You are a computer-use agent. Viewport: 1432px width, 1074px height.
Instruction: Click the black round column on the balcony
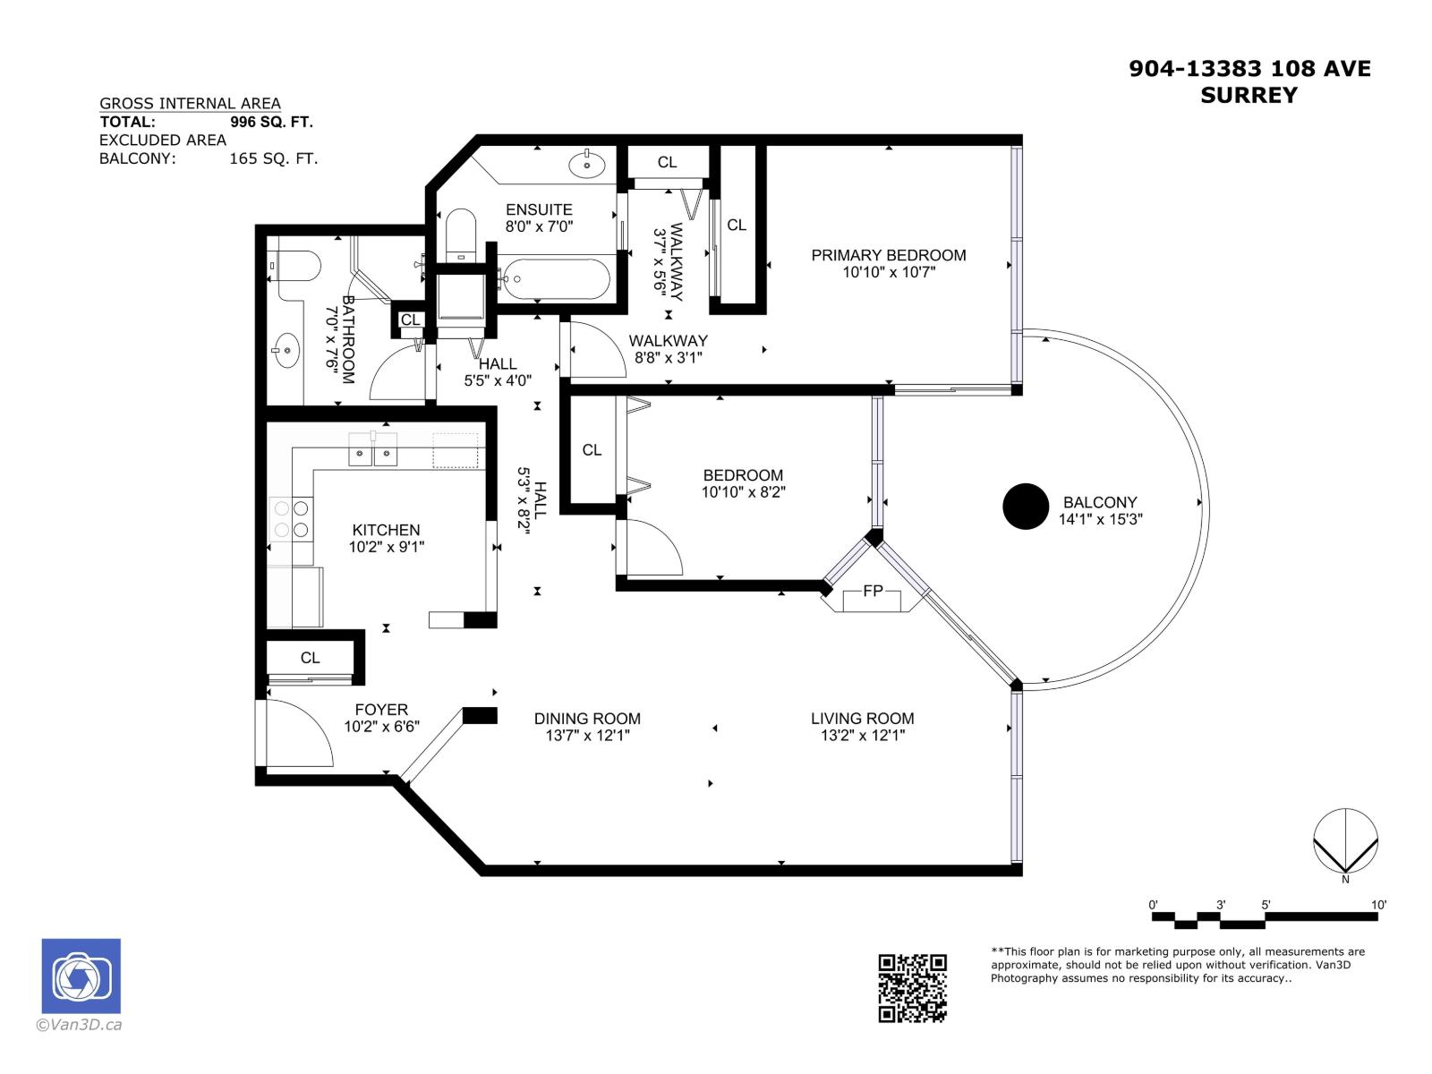coord(1025,507)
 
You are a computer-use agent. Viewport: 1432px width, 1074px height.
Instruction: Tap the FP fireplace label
coord(873,591)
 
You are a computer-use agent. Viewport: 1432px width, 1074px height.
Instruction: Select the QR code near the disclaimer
coord(912,988)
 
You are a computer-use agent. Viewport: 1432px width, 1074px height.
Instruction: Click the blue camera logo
coord(81,976)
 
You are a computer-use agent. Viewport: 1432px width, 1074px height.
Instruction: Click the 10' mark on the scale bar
coord(1378,906)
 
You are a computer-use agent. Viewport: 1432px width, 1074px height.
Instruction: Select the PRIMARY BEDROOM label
coord(888,255)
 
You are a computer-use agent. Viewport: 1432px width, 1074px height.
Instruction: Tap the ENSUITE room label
coord(539,209)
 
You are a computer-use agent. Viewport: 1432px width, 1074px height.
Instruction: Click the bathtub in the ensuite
coord(555,278)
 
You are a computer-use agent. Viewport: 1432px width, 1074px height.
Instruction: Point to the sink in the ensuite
coord(586,165)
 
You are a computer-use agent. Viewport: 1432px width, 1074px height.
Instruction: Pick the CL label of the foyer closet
coord(310,658)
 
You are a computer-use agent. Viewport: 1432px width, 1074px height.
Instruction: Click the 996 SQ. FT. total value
coord(271,123)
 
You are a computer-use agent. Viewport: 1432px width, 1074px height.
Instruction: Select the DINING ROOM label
coord(587,718)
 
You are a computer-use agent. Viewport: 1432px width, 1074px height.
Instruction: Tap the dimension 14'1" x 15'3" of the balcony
coord(1100,519)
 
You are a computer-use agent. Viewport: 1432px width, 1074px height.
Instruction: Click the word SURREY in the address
coord(1249,96)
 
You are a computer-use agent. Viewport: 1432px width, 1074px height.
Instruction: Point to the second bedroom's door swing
coord(652,548)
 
